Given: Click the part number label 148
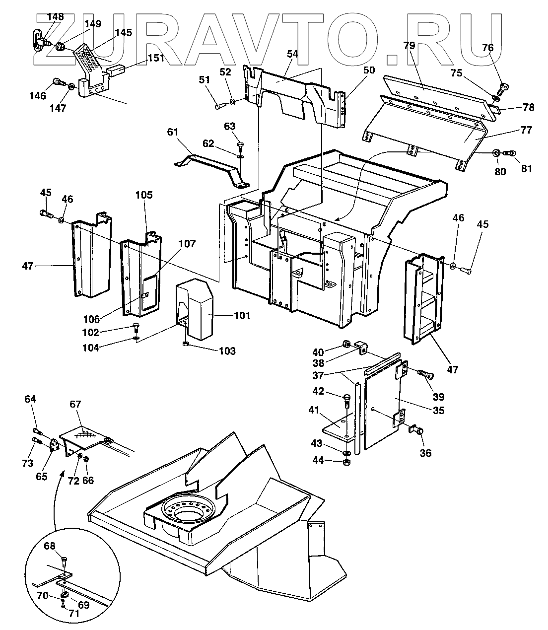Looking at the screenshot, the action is (55, 16).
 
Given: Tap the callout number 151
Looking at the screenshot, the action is (156, 58).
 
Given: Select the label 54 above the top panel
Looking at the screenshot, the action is (292, 54).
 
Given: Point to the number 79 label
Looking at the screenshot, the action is (409, 45).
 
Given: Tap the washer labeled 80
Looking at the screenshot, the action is (496, 153).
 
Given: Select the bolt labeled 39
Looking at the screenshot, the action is (426, 374).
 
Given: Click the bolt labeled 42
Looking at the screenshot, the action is (347, 401).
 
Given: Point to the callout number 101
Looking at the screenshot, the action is (242, 315).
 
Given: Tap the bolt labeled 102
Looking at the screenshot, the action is (136, 328).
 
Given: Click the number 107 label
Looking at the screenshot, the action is (187, 244).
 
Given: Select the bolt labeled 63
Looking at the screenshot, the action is (240, 147).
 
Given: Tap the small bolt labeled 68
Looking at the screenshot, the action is (64, 561).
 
